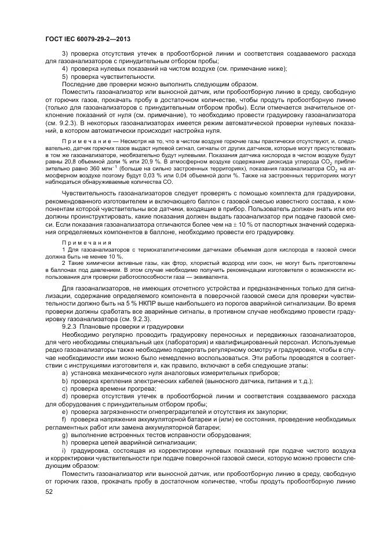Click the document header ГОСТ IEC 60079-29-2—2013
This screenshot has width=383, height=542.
point(87,39)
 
